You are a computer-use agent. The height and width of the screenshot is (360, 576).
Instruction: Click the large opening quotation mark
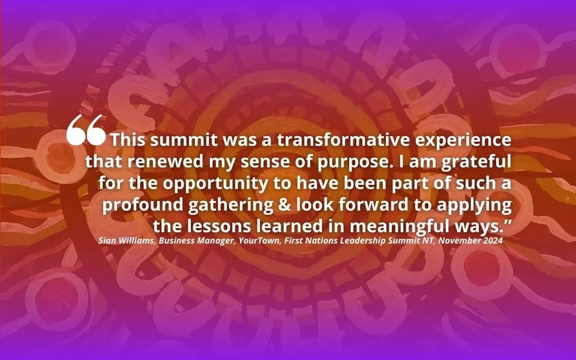(x=86, y=130)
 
